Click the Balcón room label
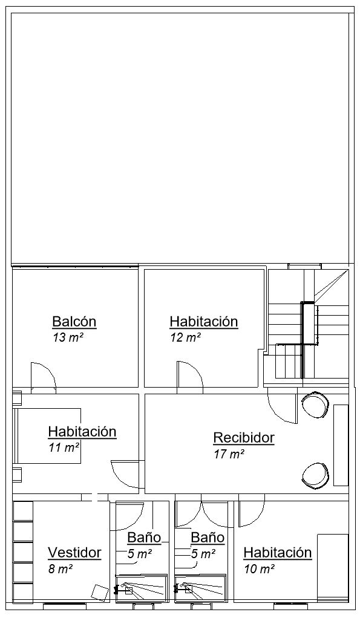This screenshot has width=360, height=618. pyautogui.click(x=74, y=322)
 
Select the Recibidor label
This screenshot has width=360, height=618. pyautogui.click(x=244, y=437)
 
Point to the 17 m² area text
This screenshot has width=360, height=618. pyautogui.click(x=229, y=454)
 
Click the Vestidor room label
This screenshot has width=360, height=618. pyautogui.click(x=74, y=553)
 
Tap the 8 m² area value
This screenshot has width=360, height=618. pyautogui.click(x=60, y=569)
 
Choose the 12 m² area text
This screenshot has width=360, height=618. pyautogui.click(x=185, y=338)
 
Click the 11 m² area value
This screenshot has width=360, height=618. pyautogui.click(x=64, y=447)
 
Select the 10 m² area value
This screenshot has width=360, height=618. pyautogui.click(x=259, y=569)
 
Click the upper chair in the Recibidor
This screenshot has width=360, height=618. pyautogui.click(x=315, y=405)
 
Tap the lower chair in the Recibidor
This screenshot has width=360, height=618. pyautogui.click(x=315, y=476)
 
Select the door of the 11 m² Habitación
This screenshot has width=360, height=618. pyautogui.click(x=125, y=474)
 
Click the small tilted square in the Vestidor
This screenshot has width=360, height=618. pyautogui.click(x=100, y=593)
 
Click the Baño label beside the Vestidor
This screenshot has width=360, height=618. pyautogui.click(x=145, y=537)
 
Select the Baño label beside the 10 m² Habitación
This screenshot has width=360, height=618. pyautogui.click(x=208, y=537)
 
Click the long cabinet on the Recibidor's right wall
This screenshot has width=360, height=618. pyautogui.click(x=341, y=445)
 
